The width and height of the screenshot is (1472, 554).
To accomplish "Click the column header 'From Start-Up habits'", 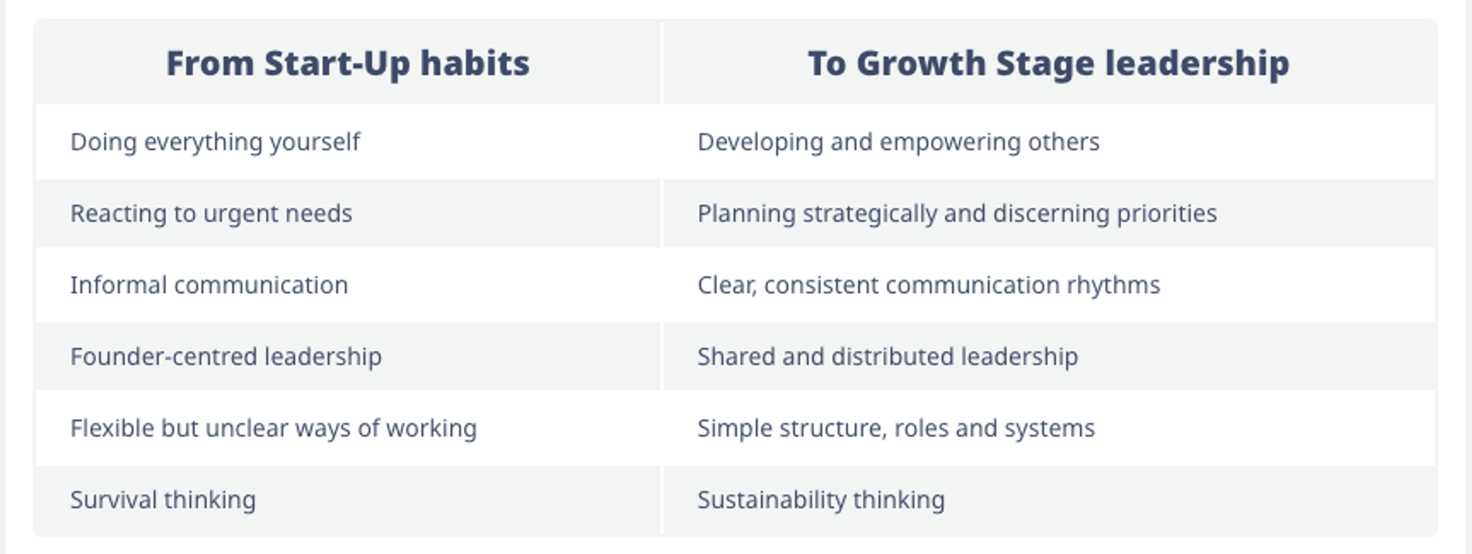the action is tap(347, 63).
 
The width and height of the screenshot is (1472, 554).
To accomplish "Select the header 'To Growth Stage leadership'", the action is tap(1048, 63).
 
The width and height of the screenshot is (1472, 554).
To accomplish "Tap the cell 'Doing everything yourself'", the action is tap(215, 142).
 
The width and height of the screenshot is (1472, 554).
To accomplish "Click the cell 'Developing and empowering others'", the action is tap(898, 142).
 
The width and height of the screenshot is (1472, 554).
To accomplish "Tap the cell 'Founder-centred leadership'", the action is tap(226, 356).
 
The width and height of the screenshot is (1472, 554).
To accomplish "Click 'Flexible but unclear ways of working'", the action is tap(273, 428).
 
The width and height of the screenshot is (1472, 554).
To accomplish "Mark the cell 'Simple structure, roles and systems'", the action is tap(896, 428).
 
